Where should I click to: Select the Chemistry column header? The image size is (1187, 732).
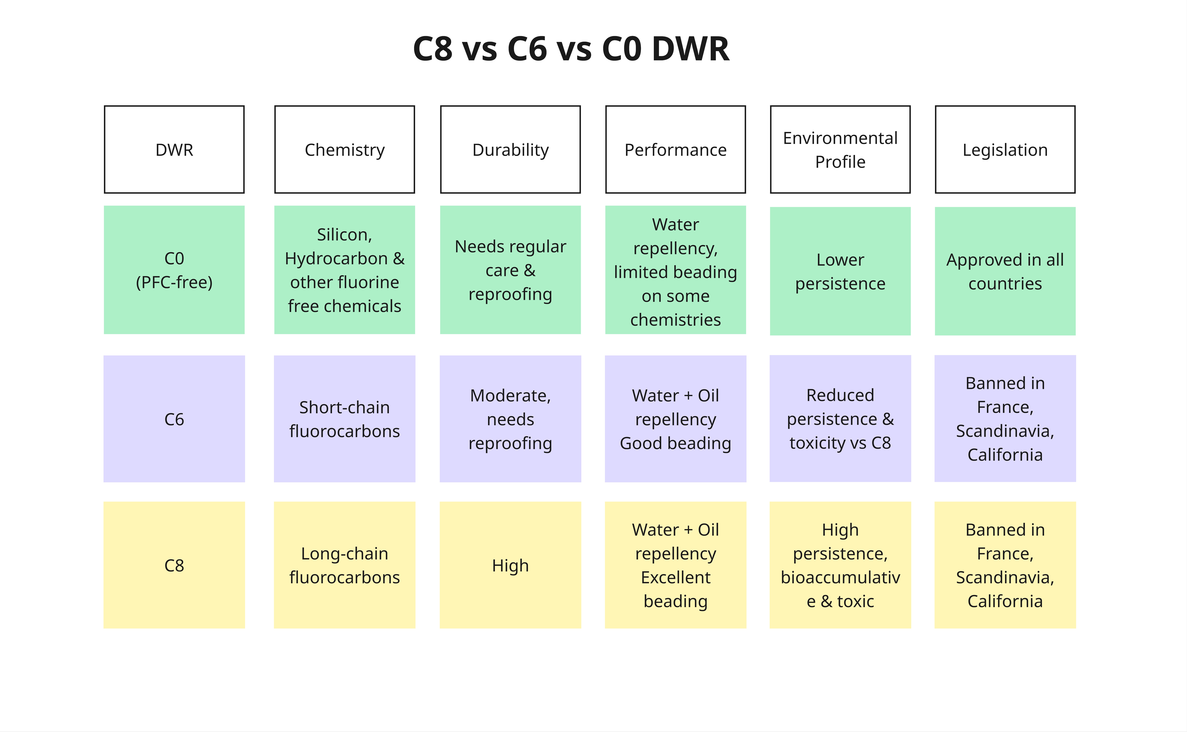344,150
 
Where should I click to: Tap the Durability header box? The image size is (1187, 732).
510,150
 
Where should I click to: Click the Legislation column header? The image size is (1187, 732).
1005,150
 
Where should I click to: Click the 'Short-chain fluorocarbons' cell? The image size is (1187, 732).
344,419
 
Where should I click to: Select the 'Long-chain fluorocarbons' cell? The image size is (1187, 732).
344,565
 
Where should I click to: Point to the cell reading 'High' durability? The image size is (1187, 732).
510,565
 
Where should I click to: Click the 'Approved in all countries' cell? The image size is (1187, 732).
1005,271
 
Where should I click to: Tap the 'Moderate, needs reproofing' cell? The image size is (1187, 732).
510,419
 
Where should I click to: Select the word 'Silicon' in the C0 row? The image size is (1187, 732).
343,234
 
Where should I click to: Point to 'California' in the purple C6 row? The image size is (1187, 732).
1005,455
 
